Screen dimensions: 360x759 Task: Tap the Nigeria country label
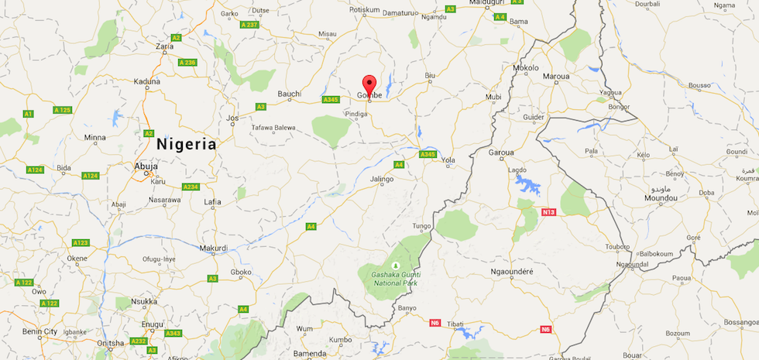click(186, 144)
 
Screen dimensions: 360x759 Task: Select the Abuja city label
click(146, 166)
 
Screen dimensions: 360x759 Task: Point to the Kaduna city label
click(146, 81)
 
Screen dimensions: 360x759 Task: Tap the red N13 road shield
click(549, 211)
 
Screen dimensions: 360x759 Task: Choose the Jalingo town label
click(382, 180)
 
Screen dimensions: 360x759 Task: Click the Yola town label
click(448, 160)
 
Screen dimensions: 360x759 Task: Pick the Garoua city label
click(502, 152)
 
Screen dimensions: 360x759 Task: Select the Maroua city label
click(556, 77)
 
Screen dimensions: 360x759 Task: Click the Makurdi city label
click(213, 249)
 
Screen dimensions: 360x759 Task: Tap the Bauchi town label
click(289, 94)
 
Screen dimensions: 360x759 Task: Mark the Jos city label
click(232, 118)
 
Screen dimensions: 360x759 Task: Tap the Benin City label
click(39, 331)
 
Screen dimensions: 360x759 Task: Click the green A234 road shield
click(191, 187)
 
